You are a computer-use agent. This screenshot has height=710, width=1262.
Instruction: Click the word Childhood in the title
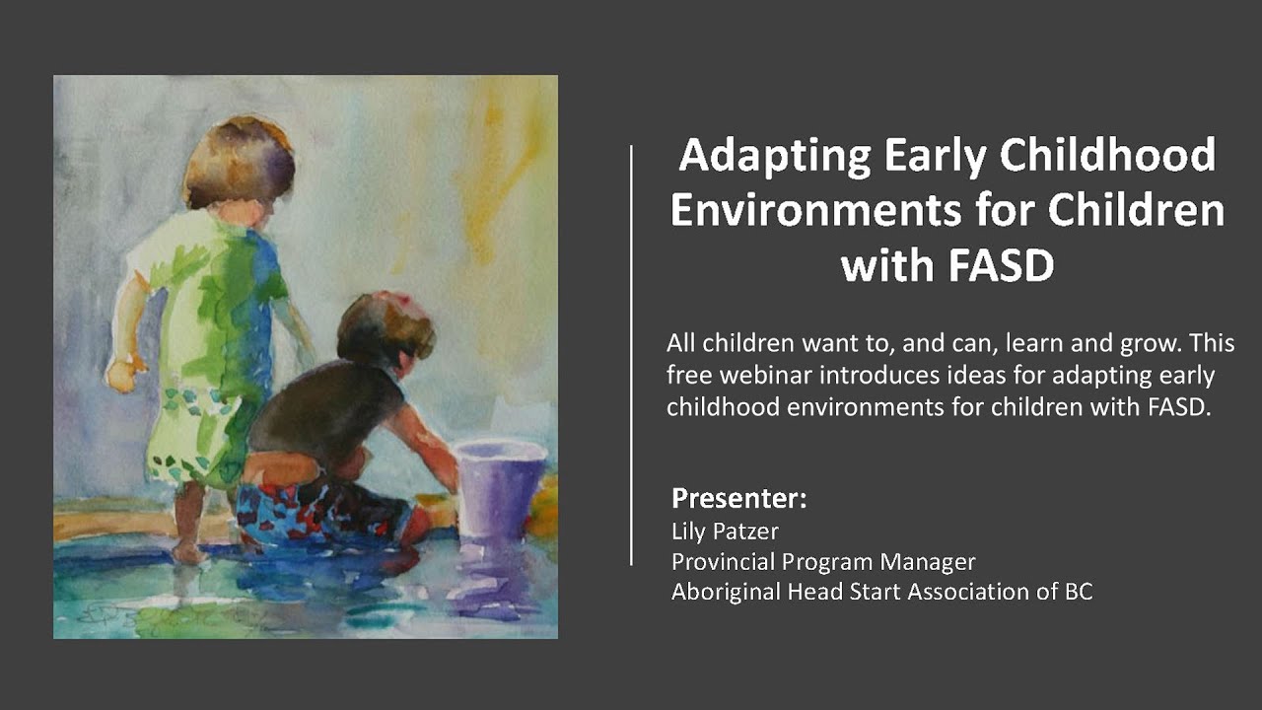tap(1109, 157)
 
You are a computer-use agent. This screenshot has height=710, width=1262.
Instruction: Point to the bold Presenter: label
tap(738, 498)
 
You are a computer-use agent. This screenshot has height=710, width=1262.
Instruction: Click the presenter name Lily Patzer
tap(725, 532)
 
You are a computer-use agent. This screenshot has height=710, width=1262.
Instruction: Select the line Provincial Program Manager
tap(823, 562)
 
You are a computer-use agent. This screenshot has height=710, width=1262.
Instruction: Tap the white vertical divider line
tap(631, 355)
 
